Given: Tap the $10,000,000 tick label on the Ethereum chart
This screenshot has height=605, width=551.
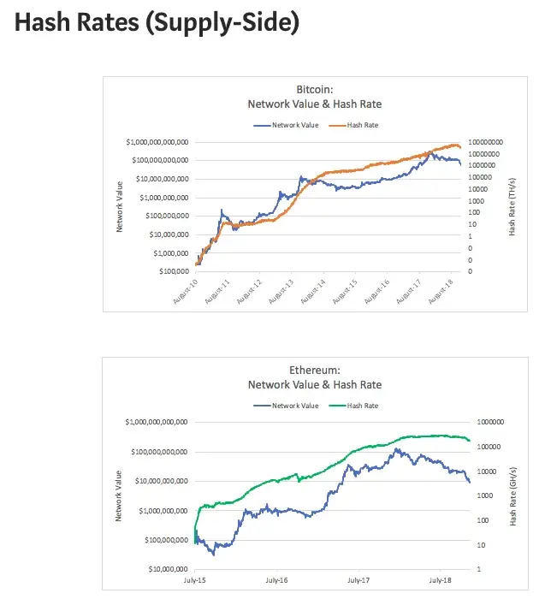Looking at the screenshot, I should click(169, 569).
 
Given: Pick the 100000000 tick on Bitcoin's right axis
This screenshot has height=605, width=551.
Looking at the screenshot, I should click(485, 142).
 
